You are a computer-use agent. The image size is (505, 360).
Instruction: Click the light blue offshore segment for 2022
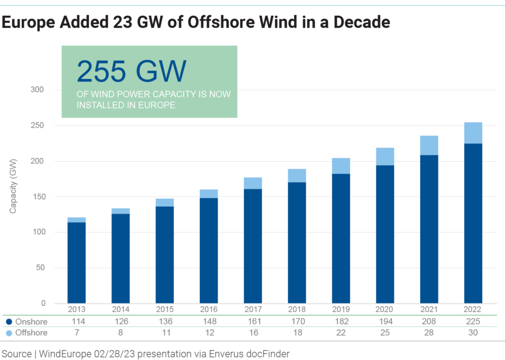click(x=473, y=133)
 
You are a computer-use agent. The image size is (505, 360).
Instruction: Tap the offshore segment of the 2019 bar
click(x=341, y=166)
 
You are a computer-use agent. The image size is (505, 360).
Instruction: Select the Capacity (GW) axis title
click(x=13, y=185)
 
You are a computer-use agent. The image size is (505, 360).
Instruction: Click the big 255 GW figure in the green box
click(x=132, y=71)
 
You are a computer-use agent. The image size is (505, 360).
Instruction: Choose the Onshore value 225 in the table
click(x=473, y=322)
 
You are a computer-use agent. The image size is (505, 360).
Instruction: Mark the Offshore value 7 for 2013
click(x=76, y=333)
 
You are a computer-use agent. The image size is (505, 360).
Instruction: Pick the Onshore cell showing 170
click(x=297, y=322)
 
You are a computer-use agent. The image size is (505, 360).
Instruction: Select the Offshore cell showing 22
click(x=341, y=333)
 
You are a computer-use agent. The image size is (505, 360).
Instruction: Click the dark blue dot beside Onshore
click(x=9, y=322)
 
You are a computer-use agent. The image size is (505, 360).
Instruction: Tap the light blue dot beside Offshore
click(x=9, y=333)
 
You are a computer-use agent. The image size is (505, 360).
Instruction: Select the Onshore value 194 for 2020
click(x=385, y=322)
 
